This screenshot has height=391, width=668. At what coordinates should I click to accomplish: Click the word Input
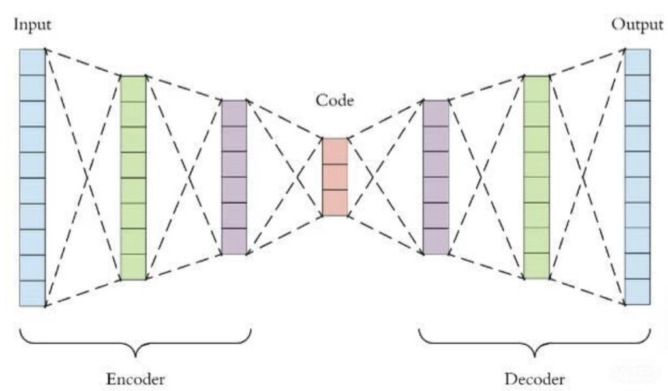tap(32, 25)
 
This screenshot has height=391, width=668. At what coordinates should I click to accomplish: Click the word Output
tap(637, 25)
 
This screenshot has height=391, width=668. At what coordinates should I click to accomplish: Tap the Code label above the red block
tap(335, 100)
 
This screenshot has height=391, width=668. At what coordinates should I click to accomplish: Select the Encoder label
tap(136, 379)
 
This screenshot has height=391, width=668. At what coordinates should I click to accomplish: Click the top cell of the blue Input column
tap(33, 62)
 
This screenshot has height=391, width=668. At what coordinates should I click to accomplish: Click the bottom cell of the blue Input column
tap(33, 293)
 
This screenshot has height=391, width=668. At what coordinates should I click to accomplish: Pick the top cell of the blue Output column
tap(637, 62)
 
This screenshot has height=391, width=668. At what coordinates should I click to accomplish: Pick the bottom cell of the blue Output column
tap(637, 292)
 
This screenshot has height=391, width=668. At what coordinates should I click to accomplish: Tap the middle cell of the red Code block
tap(335, 177)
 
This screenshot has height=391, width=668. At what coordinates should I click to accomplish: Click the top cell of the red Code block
tap(335, 151)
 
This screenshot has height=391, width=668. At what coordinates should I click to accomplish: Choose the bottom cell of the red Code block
tap(335, 202)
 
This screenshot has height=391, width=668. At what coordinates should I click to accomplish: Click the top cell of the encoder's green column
tap(134, 89)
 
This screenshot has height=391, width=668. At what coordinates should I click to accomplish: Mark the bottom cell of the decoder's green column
tap(537, 266)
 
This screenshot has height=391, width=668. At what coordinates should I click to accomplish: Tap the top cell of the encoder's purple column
tap(234, 113)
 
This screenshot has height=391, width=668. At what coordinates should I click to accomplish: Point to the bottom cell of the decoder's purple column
tap(436, 241)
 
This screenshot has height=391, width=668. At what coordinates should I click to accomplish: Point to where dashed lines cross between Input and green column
tap(85, 177)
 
